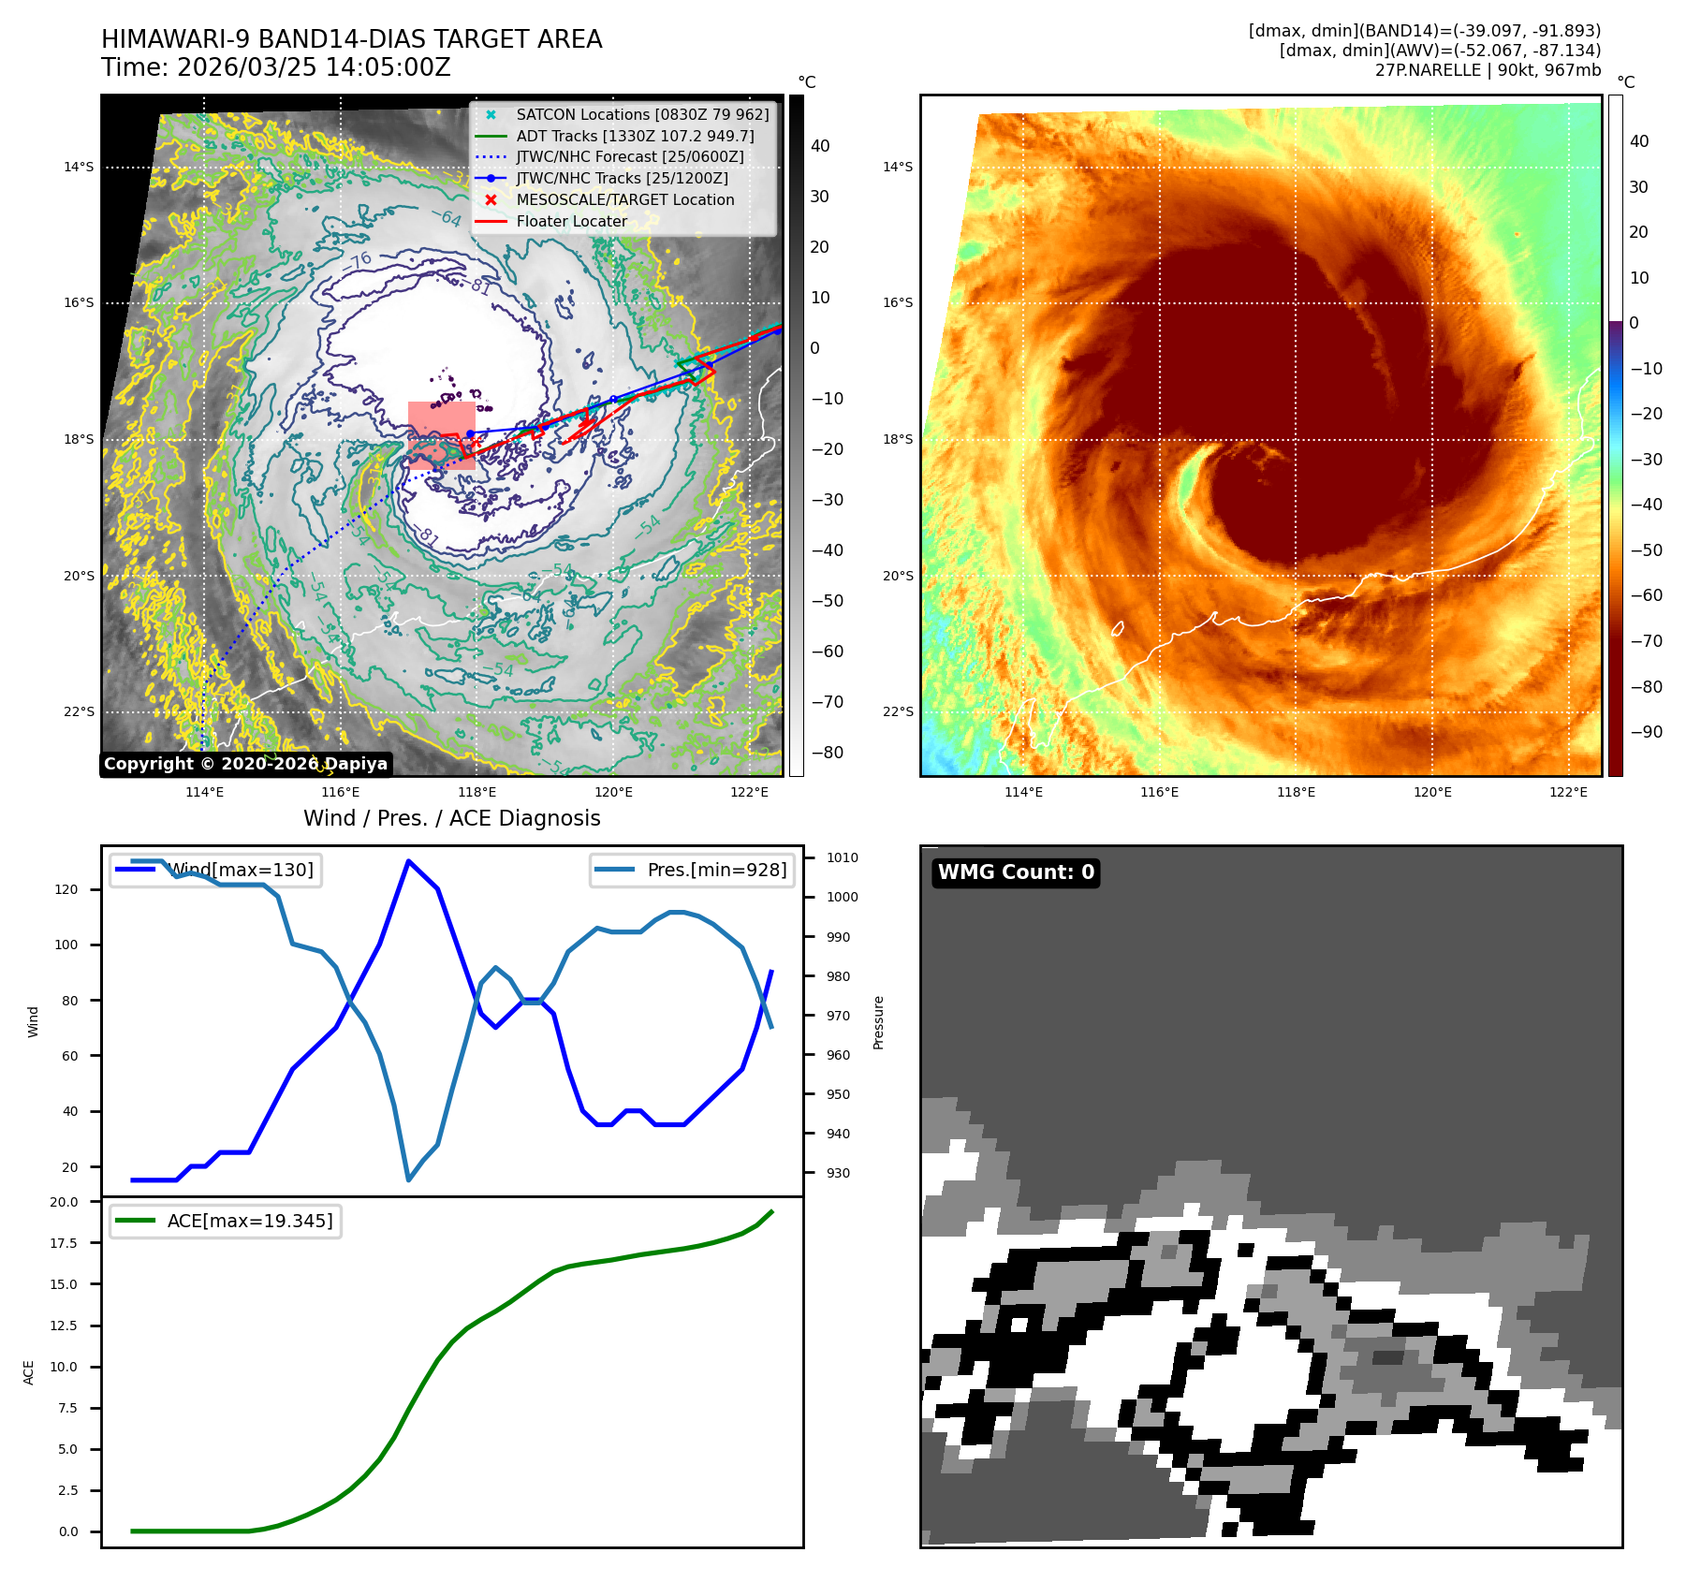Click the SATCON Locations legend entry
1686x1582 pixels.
coord(642,114)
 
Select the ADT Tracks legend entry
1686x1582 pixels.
coord(635,136)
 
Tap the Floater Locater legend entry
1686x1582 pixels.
coord(571,221)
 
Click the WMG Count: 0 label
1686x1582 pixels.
coord(1016,872)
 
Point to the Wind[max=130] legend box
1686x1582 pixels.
coord(215,870)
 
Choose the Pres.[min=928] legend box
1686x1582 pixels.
coord(692,870)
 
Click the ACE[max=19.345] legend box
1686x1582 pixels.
coord(225,1221)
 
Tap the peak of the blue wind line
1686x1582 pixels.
coord(408,861)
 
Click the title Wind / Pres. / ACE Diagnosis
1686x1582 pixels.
coord(451,818)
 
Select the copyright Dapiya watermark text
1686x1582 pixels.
coord(245,764)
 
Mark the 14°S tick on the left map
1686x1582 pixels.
coord(80,168)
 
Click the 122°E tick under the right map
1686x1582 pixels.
coord(1568,792)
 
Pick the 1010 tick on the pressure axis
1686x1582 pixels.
coord(842,857)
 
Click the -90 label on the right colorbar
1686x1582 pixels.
coord(1646,732)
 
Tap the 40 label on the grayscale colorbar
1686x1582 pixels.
coord(820,146)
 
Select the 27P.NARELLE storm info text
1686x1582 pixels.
coord(1488,70)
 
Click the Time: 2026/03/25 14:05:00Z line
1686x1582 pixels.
coord(276,67)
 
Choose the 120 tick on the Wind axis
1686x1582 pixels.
coord(67,889)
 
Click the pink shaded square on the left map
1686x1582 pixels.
coord(441,435)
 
